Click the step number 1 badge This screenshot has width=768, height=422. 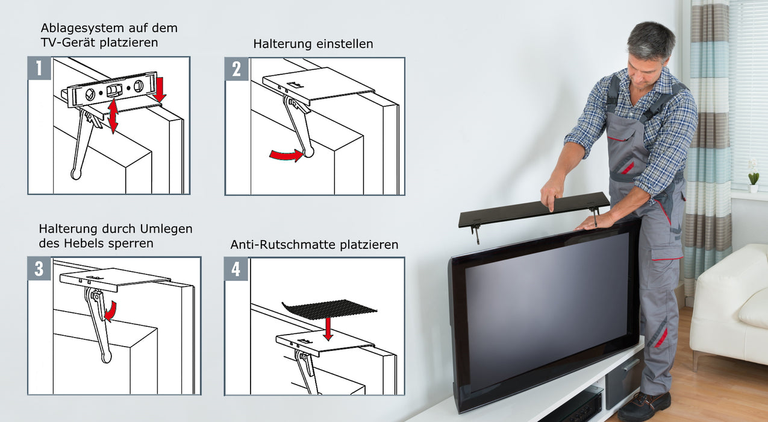tap(39, 68)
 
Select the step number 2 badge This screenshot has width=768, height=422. tap(236, 69)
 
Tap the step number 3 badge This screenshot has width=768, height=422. tap(39, 269)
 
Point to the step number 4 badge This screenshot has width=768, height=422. tap(236, 269)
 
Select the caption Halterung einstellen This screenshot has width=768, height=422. tap(313, 44)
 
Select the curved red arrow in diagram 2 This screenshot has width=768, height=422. tap(286, 156)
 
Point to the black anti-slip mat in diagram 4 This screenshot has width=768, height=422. tap(328, 309)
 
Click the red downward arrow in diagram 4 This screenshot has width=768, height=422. tap(328, 329)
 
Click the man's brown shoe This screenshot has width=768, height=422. tap(643, 405)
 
